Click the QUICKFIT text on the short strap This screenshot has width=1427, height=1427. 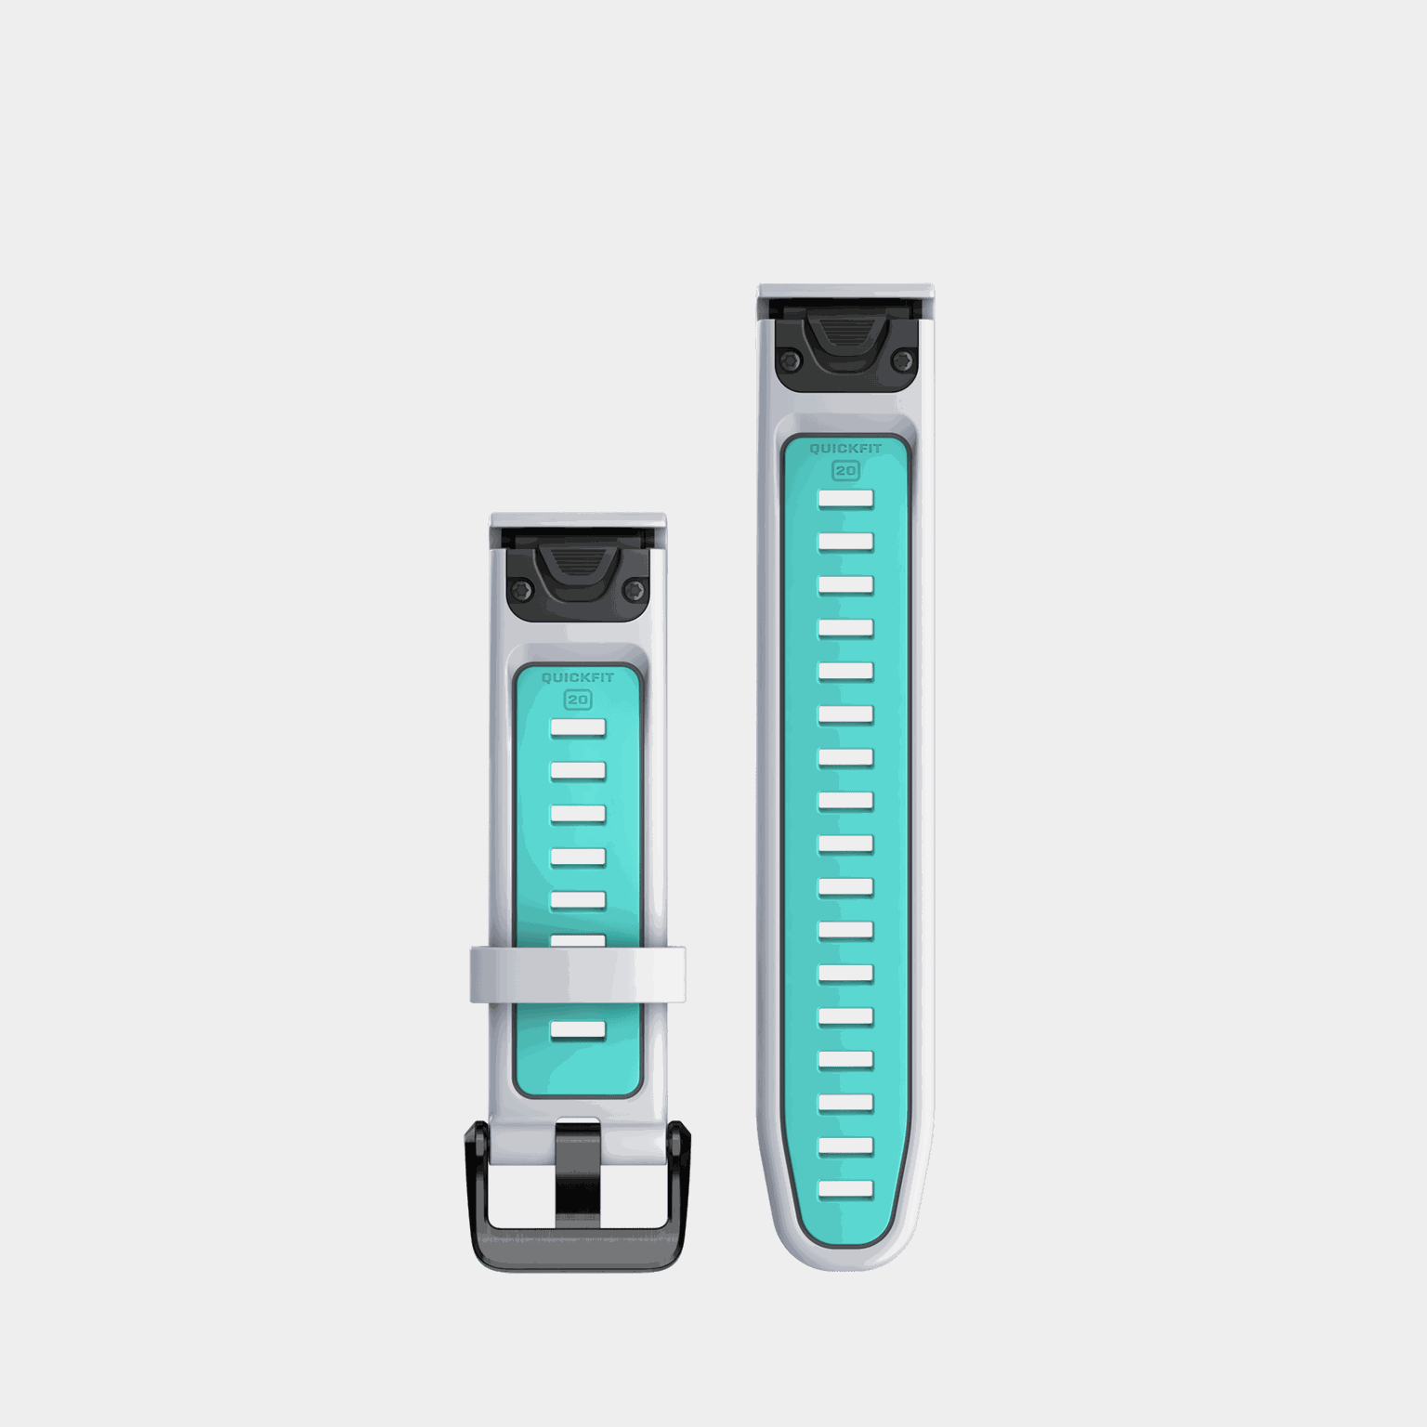coord(578,678)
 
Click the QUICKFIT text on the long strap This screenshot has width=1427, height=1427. coord(845,449)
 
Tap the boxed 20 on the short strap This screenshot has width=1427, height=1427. coord(578,700)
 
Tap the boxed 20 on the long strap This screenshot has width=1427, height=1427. coord(845,471)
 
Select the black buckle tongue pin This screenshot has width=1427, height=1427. coord(578,1172)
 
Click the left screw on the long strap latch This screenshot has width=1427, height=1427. coord(789,359)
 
